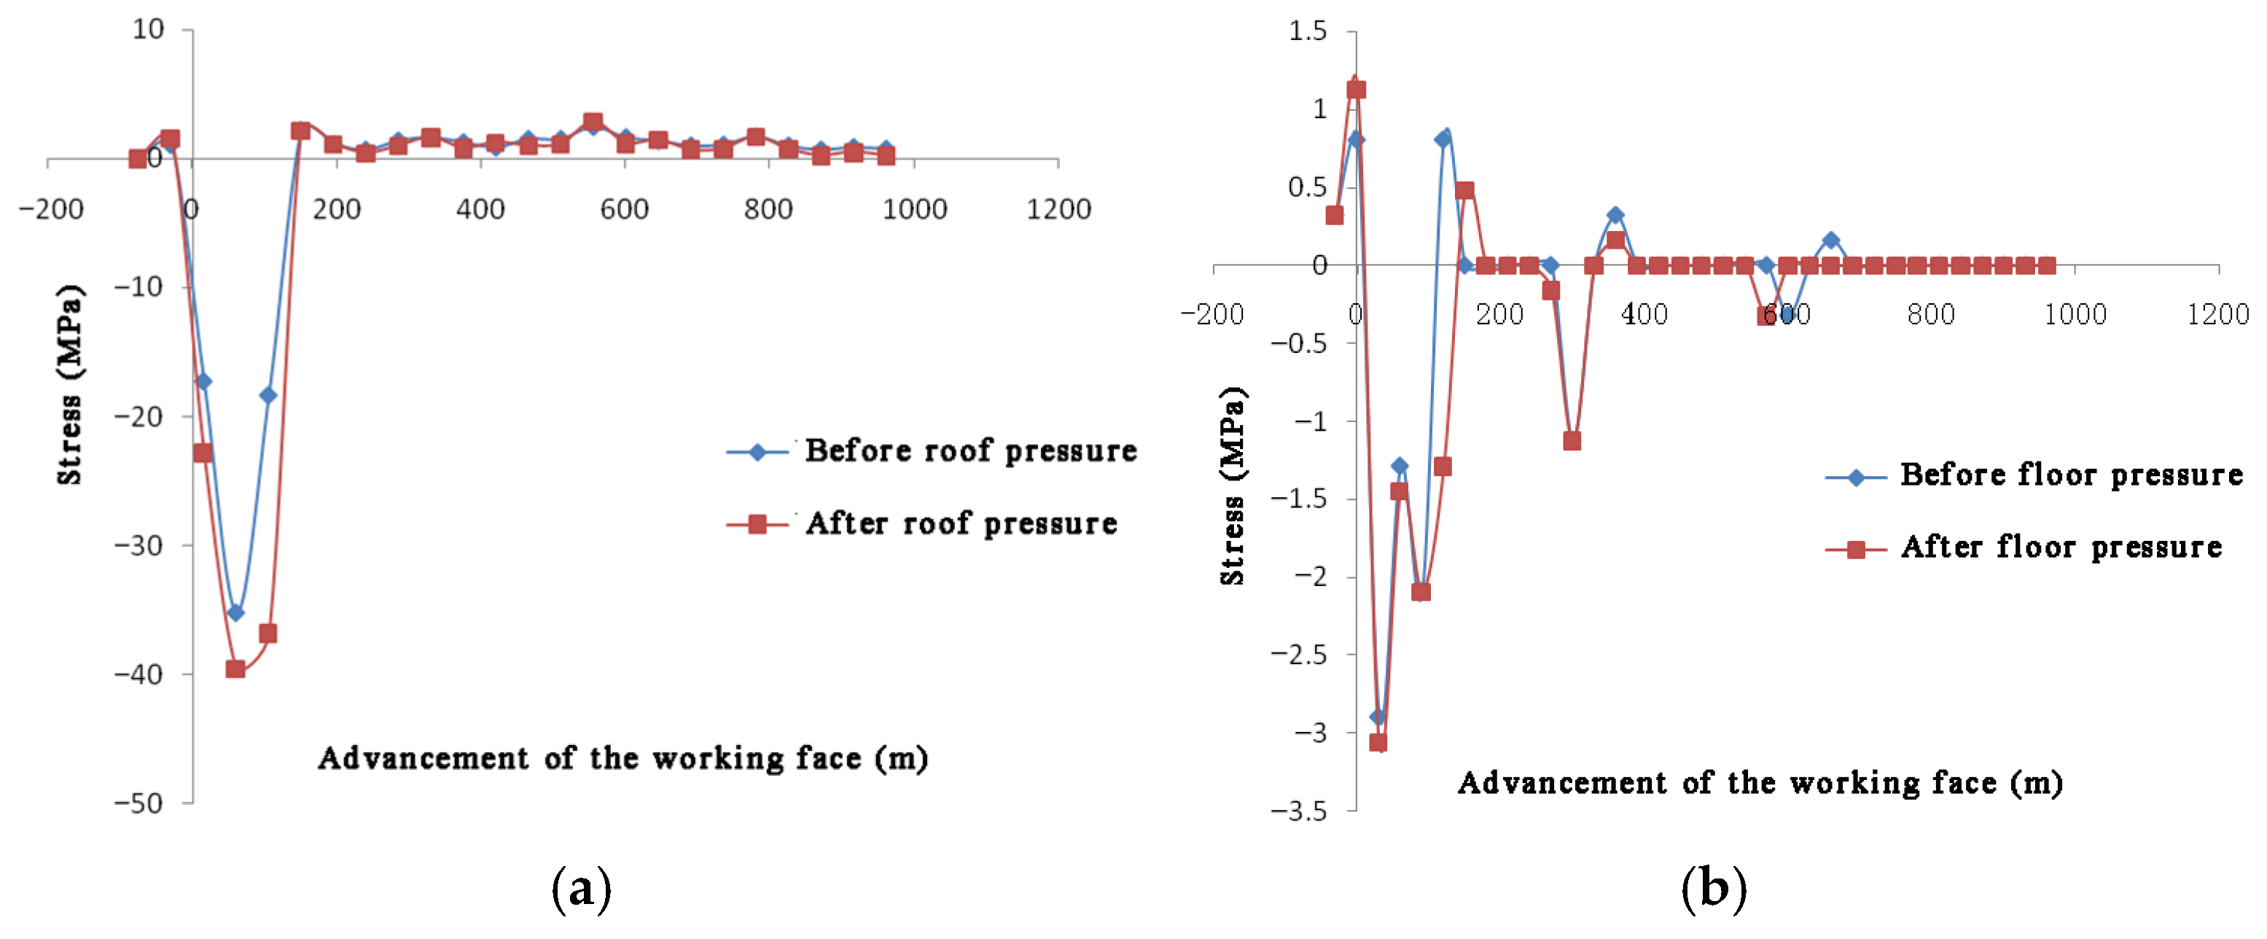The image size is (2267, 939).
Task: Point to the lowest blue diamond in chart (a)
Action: point(235,612)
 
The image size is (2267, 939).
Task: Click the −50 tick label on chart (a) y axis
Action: point(139,803)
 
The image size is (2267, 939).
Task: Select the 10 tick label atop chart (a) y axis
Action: point(148,30)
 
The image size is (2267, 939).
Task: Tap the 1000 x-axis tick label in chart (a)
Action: point(914,209)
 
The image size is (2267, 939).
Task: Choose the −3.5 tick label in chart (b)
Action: point(1298,811)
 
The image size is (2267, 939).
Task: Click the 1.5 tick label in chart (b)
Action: point(1307,31)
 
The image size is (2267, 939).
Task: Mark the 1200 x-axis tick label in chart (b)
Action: point(2217,314)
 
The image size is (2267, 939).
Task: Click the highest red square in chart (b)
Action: point(1356,90)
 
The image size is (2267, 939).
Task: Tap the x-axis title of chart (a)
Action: point(623,759)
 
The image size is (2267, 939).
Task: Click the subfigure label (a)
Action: point(581,889)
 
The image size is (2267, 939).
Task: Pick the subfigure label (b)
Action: point(1712,889)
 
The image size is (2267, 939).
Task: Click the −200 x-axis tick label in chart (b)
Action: point(1211,314)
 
